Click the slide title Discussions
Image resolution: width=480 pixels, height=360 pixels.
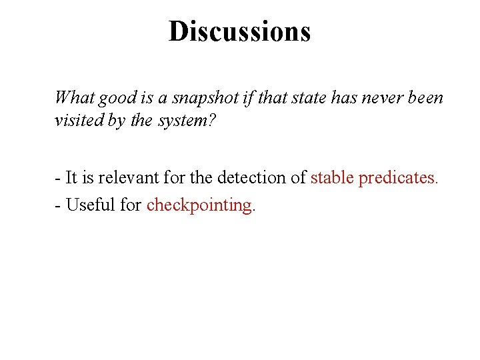pyautogui.click(x=239, y=31)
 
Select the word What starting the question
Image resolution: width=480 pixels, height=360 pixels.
pyautogui.click(x=74, y=98)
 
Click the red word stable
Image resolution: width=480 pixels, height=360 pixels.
pyautogui.click(x=332, y=178)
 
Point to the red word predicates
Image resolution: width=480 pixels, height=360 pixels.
pyautogui.click(x=399, y=178)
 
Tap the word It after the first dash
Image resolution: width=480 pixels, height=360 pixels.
pyautogui.click(x=71, y=178)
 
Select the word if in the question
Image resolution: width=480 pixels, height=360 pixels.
pyautogui.click(x=249, y=98)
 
